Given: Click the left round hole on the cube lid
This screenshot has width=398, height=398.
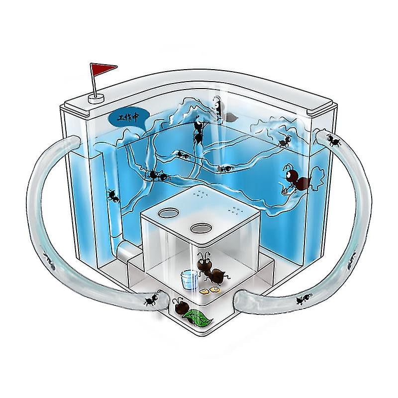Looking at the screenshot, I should [x=167, y=212].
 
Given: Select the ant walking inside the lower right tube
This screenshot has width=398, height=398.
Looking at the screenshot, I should [x=301, y=299].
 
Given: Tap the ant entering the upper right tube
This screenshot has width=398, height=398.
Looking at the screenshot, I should [x=333, y=140].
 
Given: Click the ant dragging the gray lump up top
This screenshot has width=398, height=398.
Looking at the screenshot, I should [x=217, y=106].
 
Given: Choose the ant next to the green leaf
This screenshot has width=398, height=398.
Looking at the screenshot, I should [x=179, y=304].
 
